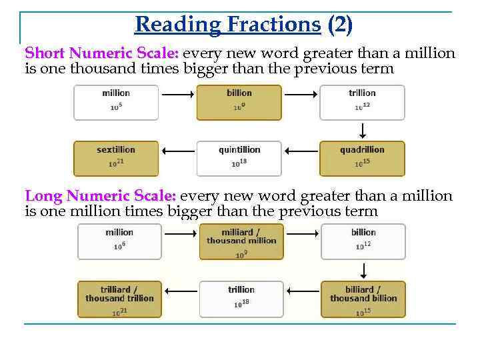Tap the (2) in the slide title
click(340, 25)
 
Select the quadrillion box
click(362, 158)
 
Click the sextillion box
click(116, 158)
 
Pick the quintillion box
click(239, 158)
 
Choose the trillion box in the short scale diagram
click(362, 102)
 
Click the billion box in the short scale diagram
click(239, 102)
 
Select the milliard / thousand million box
click(241, 241)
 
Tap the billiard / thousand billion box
click(363, 299)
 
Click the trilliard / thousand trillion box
click(119, 299)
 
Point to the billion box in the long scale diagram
click(363, 241)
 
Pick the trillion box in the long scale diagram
click(241, 299)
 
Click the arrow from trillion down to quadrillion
click(363, 130)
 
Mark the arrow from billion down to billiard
click(364, 270)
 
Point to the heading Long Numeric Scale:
click(101, 196)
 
